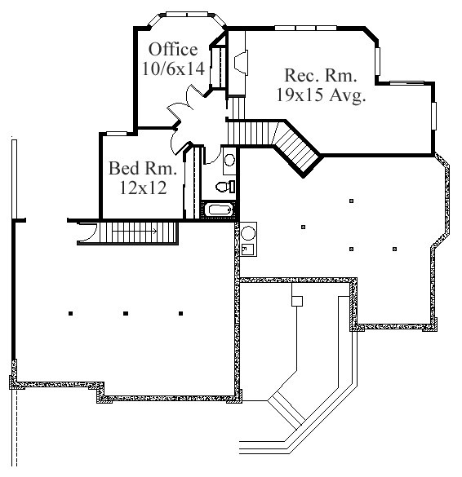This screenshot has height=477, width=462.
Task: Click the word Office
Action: tap(173, 49)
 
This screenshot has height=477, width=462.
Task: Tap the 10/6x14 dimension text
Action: tap(173, 68)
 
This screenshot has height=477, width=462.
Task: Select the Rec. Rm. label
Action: tap(321, 75)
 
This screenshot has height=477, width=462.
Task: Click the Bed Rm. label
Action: tap(143, 168)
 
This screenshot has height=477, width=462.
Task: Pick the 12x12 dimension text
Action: tap(143, 188)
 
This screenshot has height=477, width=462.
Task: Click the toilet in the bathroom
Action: tap(225, 187)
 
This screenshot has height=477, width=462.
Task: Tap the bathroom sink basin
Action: tap(229, 160)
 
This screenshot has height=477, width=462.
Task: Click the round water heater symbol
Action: tap(248, 233)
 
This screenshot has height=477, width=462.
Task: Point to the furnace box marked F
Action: tap(247, 250)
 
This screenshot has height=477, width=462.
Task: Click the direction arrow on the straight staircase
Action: tap(135, 232)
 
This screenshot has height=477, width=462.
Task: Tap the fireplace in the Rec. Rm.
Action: tap(241, 62)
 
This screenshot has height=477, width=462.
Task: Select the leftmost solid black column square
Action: tap(71, 313)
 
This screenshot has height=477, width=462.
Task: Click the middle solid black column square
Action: tap(126, 313)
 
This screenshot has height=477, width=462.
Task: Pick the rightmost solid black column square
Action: tap(181, 313)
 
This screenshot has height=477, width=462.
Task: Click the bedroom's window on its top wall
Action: tap(117, 133)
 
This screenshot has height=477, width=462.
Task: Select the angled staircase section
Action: tap(297, 149)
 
